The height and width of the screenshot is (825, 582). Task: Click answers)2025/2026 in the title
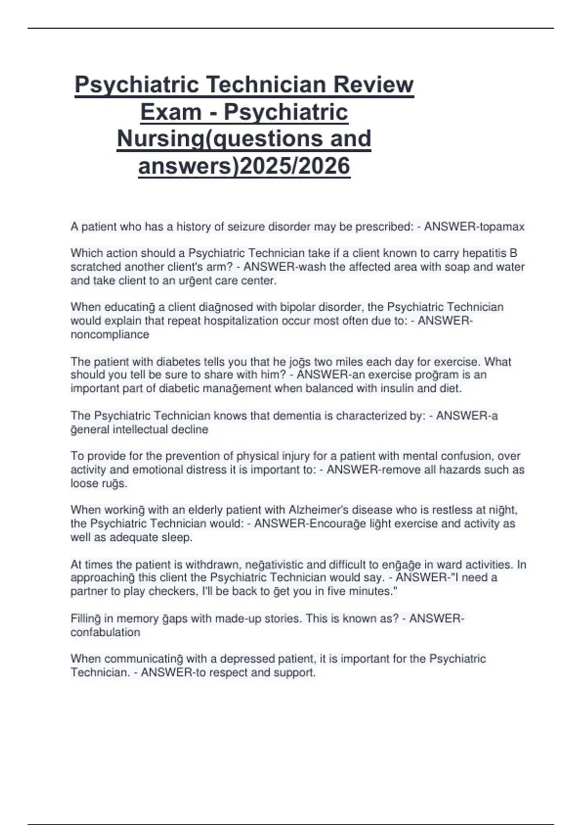[244, 166]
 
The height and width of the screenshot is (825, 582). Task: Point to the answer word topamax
[502, 227]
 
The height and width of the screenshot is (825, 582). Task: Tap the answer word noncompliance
[110, 334]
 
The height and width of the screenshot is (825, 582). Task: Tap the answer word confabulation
[105, 632]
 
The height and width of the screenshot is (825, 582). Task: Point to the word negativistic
[274, 564]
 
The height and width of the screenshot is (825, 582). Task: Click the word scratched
[96, 267]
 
